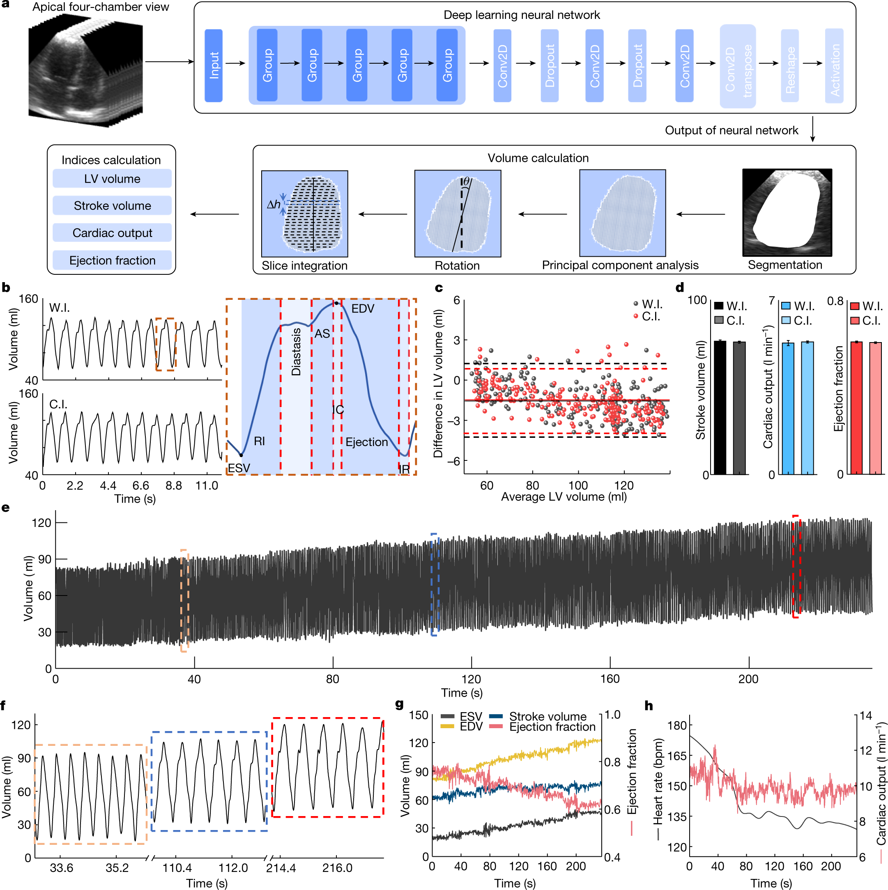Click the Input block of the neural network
coord(213,65)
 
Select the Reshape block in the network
coord(789,65)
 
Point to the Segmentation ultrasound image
coord(787,212)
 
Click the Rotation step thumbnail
coord(458,213)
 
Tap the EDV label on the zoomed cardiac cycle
coord(363,308)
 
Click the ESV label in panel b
coord(239,468)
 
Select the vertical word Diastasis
coord(296,352)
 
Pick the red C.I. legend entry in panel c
coord(647,317)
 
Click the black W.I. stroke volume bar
coord(720,407)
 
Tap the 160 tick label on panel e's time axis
coord(610,678)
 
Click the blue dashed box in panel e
coord(434,584)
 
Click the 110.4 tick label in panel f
coord(177,868)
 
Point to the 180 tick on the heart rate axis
coord(676,725)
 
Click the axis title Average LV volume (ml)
coord(564,497)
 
